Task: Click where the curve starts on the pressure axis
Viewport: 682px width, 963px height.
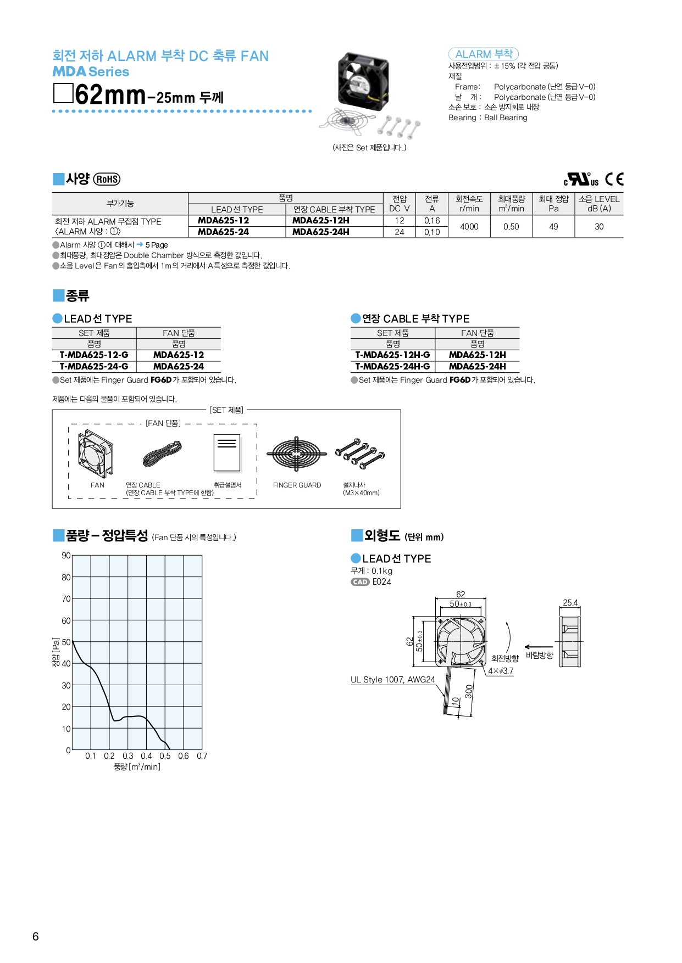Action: (x=73, y=641)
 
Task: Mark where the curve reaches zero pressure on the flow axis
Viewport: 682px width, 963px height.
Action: (x=170, y=749)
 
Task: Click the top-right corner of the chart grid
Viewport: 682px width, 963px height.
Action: (x=202, y=555)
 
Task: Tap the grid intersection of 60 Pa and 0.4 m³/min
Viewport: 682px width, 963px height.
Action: (x=147, y=620)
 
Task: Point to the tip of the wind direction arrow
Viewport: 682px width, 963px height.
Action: (x=525, y=647)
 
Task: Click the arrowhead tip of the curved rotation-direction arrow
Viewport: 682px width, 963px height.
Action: (x=507, y=623)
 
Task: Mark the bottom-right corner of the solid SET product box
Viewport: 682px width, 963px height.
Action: (x=401, y=508)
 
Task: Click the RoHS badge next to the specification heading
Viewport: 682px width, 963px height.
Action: (x=107, y=179)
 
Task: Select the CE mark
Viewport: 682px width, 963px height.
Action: (x=614, y=179)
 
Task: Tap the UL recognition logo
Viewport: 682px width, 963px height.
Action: (x=581, y=179)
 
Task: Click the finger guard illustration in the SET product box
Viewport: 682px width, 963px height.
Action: (x=297, y=454)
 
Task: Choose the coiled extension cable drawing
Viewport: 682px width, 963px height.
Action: (x=162, y=454)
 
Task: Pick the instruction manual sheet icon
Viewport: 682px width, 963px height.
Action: (x=227, y=453)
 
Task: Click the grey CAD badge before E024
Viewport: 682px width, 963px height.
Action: (x=361, y=582)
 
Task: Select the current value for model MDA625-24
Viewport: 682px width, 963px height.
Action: (x=432, y=232)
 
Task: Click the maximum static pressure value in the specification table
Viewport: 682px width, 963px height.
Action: (x=553, y=226)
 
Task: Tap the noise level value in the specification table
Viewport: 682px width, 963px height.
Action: (x=599, y=226)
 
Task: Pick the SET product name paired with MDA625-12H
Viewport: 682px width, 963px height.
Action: (x=392, y=355)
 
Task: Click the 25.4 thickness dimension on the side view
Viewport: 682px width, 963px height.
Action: (x=570, y=603)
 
